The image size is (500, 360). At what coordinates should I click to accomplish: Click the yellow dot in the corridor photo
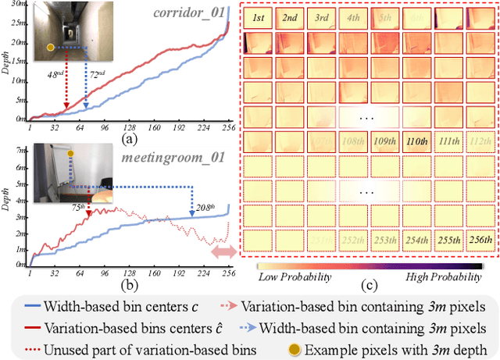[x=51, y=48]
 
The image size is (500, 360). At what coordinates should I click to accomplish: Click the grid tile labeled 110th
[x=420, y=142]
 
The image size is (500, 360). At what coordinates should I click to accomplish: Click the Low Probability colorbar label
[x=294, y=277]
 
